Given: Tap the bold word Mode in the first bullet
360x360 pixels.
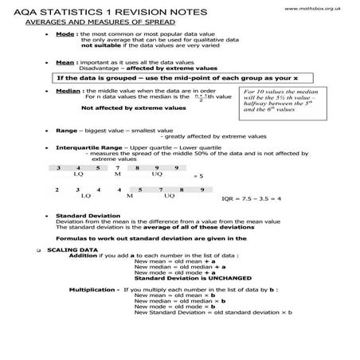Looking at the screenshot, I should (x=65, y=36).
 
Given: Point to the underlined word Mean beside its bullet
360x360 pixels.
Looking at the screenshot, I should (x=65, y=61).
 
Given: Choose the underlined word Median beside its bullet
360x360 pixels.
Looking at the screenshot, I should (x=68, y=92).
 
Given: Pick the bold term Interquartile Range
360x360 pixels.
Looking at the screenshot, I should (x=99, y=148).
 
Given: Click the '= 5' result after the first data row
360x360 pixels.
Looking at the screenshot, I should (x=198, y=175).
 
